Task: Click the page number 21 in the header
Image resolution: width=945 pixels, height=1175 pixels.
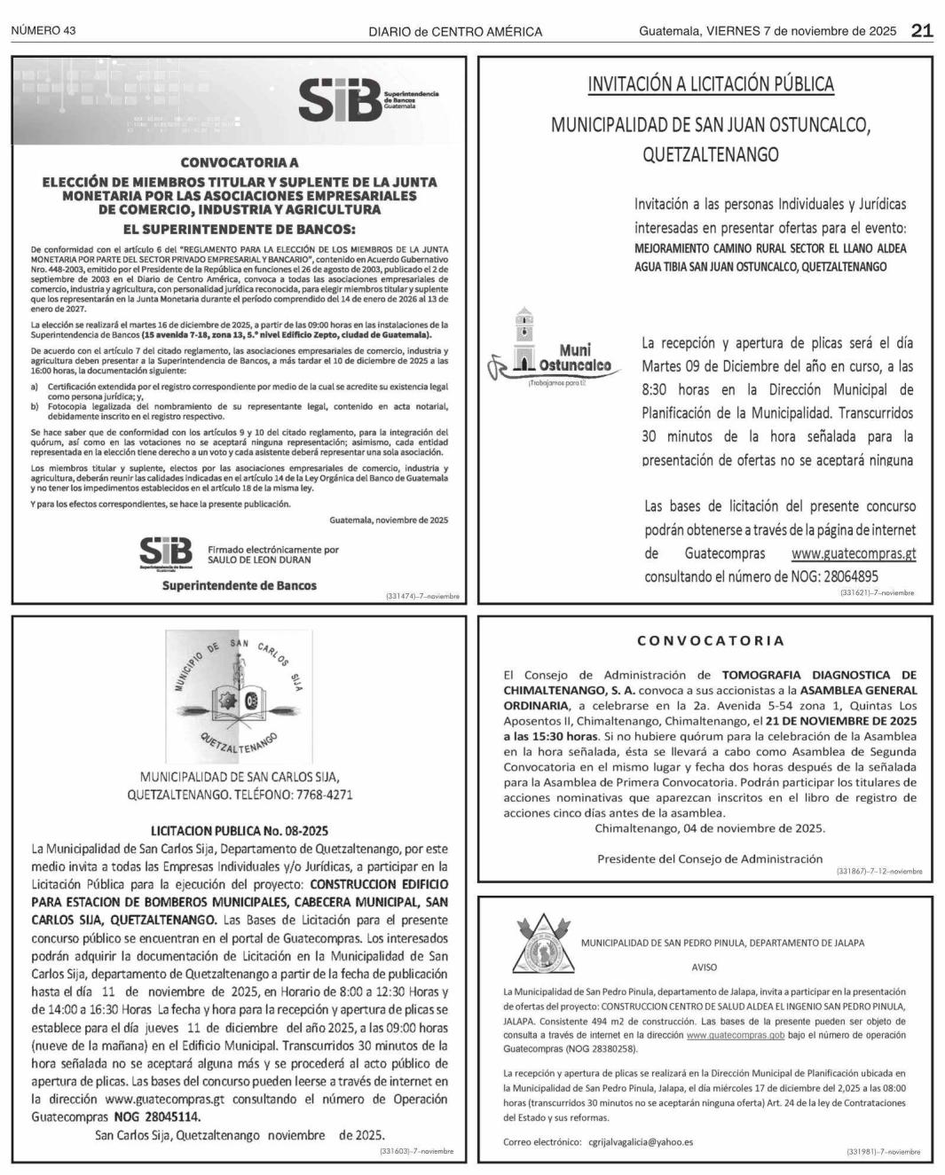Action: point(922,31)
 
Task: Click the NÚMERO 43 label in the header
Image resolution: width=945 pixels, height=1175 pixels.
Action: point(43,31)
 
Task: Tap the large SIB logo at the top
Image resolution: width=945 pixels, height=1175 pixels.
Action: point(342,100)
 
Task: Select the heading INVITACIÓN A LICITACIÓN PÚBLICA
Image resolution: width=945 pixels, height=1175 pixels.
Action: point(711,84)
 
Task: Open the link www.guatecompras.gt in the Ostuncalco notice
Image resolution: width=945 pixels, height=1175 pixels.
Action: point(853,553)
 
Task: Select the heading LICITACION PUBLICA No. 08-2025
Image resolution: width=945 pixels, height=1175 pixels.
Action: point(240,831)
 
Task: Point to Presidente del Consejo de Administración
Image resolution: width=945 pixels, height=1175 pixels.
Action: point(710,858)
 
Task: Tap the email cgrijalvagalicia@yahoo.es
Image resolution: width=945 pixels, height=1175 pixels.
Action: point(640,1142)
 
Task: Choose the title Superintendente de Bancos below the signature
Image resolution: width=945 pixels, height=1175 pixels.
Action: point(239,585)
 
